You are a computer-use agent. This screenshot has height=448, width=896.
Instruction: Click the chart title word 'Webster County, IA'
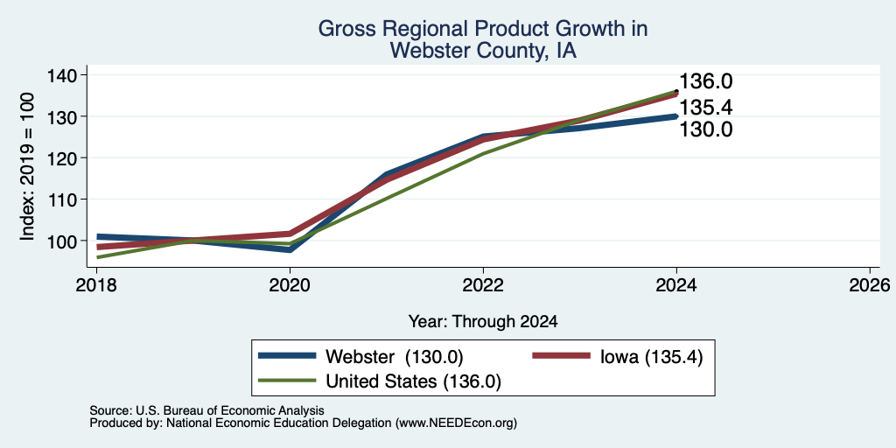483,52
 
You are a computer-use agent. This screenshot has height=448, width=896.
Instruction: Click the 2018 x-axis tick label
96,284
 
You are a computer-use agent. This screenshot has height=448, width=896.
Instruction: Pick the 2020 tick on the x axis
290,284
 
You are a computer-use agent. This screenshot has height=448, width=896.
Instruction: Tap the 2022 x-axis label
483,284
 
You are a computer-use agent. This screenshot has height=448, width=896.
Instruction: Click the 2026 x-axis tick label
871,284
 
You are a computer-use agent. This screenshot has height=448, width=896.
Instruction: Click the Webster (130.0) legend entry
394,357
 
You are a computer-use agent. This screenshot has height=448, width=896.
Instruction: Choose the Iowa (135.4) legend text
650,357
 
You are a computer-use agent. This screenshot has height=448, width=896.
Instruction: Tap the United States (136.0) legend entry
413,381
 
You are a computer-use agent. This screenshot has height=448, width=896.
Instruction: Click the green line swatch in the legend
287,381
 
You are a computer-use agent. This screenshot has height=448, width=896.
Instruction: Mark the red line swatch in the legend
561,355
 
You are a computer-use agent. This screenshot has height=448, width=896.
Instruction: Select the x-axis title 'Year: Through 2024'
483,322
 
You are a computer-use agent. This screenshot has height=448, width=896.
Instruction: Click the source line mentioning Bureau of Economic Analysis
206,410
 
